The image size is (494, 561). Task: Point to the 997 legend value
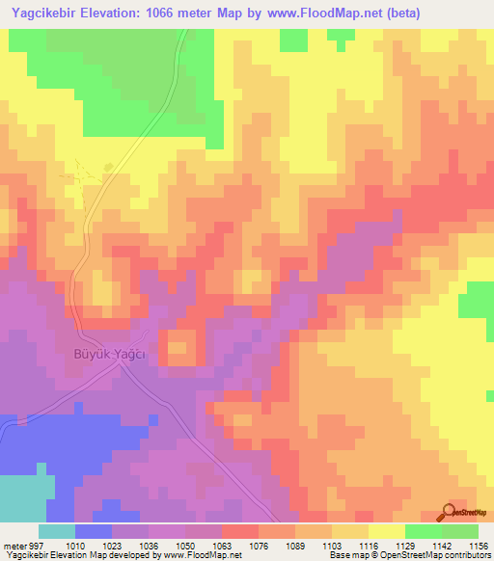pos(37,544)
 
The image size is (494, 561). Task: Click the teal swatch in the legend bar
pos(57,531)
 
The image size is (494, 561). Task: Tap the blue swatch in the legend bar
pos(94,531)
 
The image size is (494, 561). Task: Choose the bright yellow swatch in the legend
pos(386,531)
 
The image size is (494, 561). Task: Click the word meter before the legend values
pos(13,544)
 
